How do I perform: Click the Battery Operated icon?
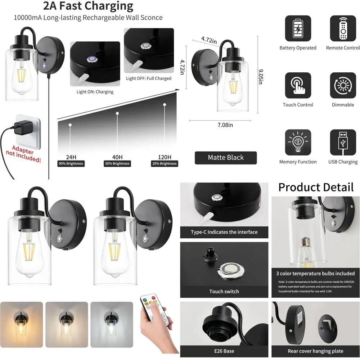point(298,28)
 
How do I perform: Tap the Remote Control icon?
point(343,28)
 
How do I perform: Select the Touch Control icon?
point(298,86)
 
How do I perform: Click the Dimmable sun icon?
point(343,86)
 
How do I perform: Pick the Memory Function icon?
point(298,143)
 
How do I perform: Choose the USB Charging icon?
point(343,143)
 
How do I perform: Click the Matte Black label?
point(226,158)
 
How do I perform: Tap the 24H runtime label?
point(71,157)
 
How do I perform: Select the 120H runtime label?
point(164,157)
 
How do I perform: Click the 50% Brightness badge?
point(118,163)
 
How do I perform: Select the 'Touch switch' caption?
point(224,291)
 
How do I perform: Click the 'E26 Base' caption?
point(224,351)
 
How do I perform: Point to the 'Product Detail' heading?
point(316,188)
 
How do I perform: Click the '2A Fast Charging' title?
point(88,6)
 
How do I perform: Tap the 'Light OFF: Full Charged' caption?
point(149,78)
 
